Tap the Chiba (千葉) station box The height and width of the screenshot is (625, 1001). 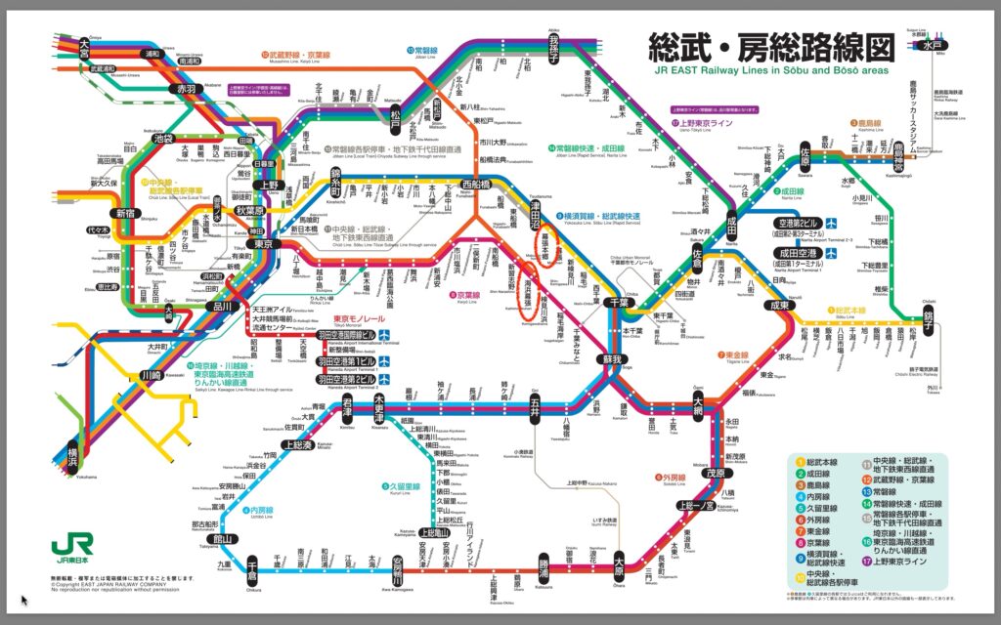[615, 302]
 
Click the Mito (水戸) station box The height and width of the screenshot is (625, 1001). [939, 45]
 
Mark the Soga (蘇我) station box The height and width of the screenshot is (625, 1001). [613, 359]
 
